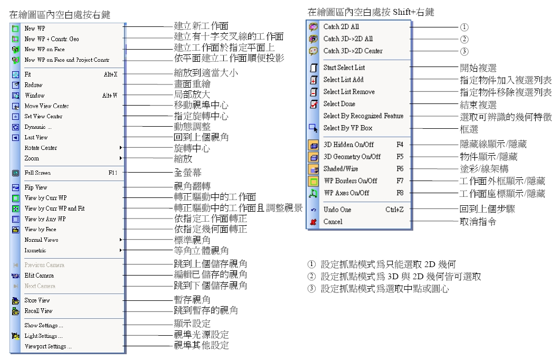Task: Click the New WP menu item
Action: (31, 29)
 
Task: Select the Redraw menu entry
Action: (33, 85)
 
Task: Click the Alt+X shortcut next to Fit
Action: (110, 74)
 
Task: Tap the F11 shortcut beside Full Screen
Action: (113, 173)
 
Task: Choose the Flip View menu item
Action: (36, 187)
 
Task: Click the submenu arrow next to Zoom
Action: (121, 158)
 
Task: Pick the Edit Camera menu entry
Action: (39, 276)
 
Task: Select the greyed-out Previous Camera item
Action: (44, 265)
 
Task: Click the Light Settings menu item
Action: (43, 336)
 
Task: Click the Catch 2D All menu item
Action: (341, 26)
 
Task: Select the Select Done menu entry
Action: (339, 104)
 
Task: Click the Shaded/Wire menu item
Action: (340, 169)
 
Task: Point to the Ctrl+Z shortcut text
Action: (394, 210)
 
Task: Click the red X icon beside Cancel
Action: (312, 222)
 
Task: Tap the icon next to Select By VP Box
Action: (312, 128)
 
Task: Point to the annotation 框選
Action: (468, 128)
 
